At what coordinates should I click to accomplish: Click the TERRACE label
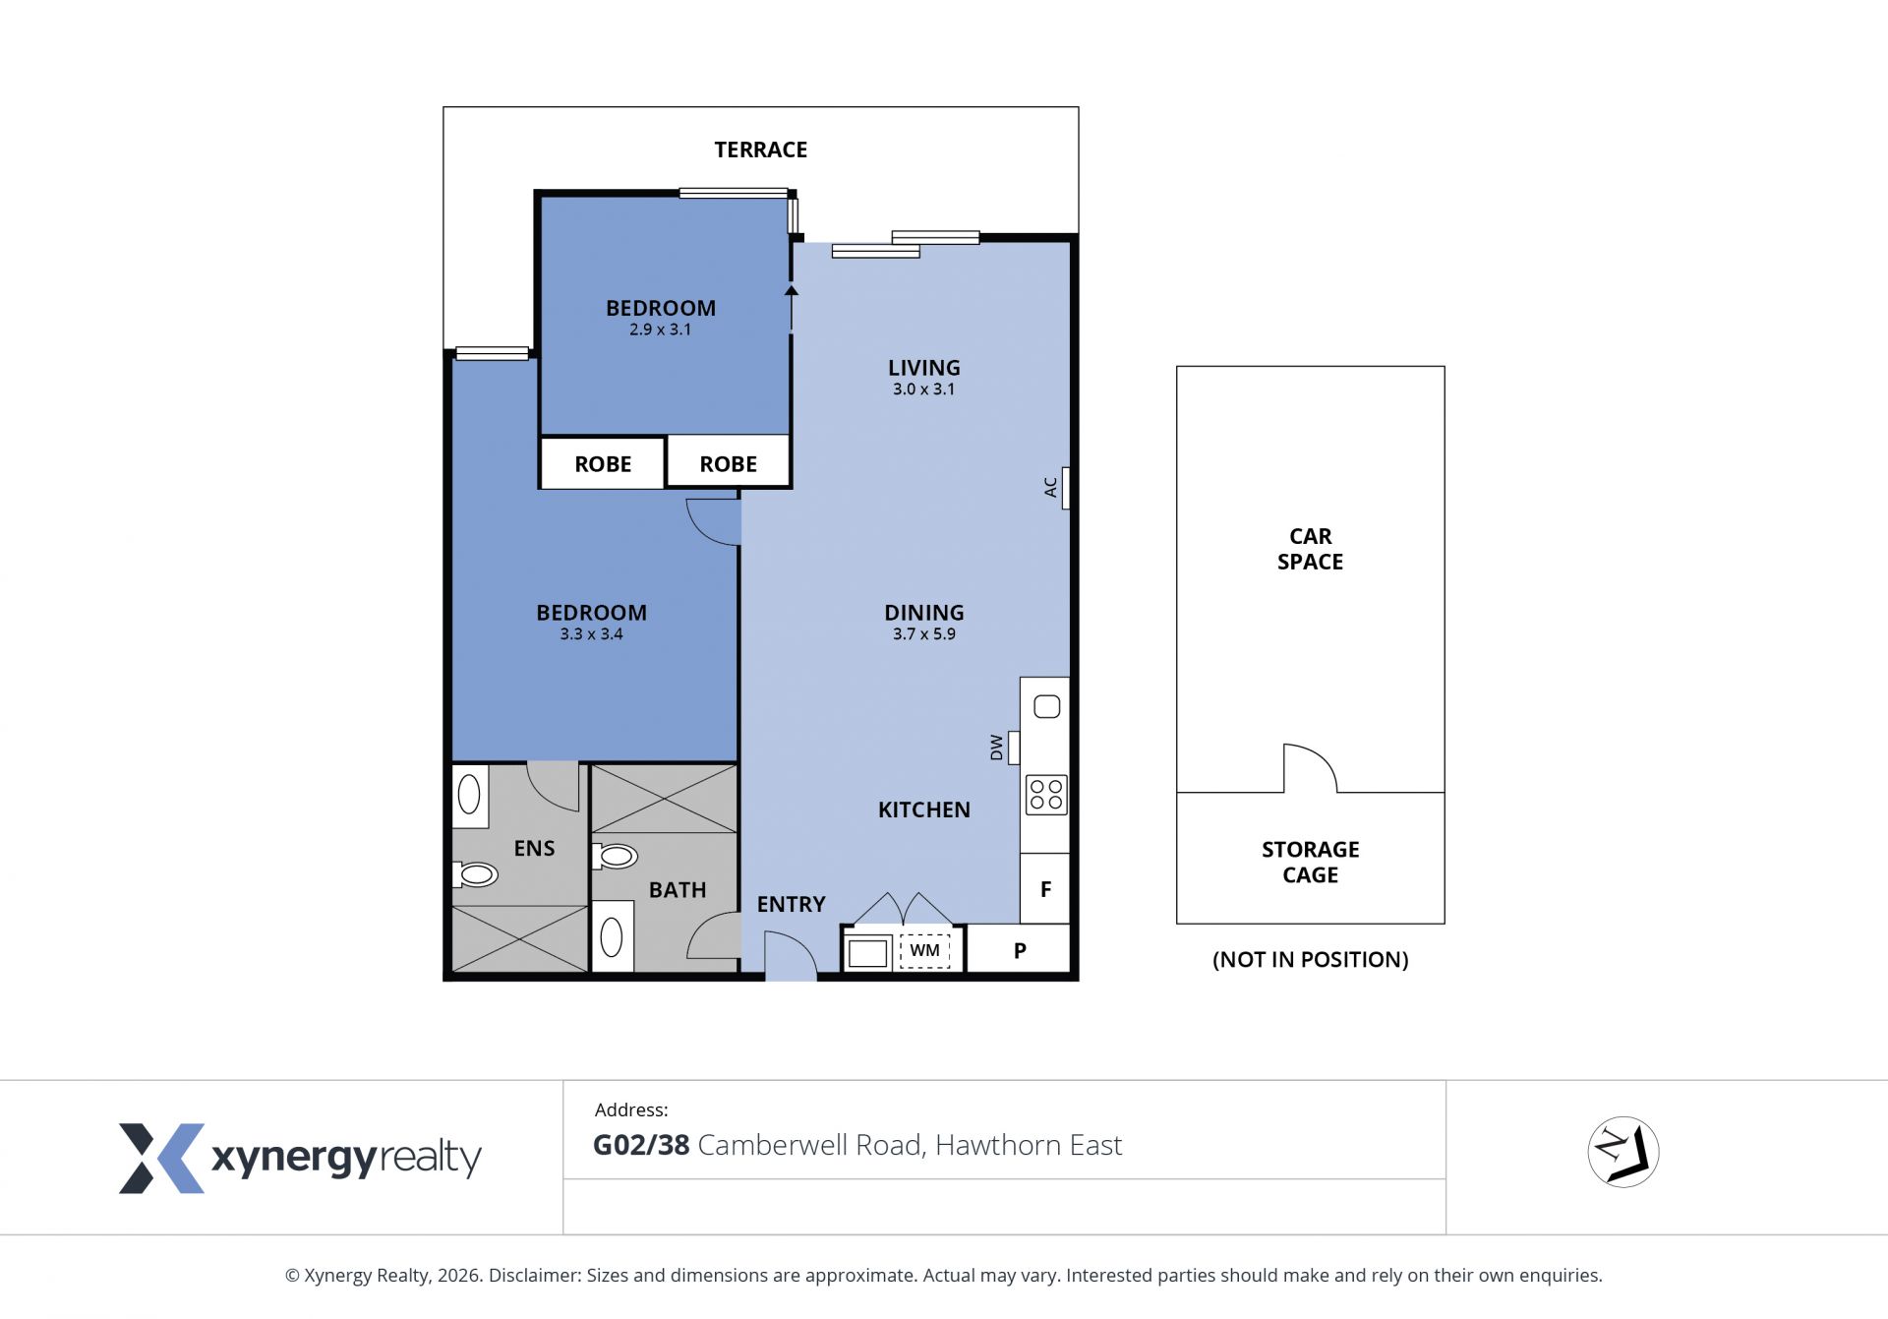(x=760, y=150)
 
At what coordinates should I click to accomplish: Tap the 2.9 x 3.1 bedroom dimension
(x=660, y=330)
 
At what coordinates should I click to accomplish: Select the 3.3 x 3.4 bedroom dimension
(x=591, y=634)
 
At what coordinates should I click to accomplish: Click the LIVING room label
(x=923, y=368)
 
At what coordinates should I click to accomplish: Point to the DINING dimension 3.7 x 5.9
(x=923, y=634)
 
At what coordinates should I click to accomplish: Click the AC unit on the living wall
(x=1065, y=488)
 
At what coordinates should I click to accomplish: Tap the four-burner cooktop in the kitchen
(x=1045, y=795)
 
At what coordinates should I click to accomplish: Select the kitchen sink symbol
(x=1046, y=706)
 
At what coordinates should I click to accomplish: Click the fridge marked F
(x=1044, y=889)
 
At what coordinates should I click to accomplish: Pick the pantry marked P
(x=1019, y=951)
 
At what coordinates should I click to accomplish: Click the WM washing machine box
(x=924, y=950)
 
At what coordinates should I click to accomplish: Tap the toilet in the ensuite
(x=476, y=873)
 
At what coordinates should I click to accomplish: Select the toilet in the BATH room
(x=616, y=856)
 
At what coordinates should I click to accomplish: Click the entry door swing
(x=791, y=955)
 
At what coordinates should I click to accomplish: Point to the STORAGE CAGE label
(x=1310, y=862)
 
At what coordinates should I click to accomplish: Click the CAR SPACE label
(x=1310, y=549)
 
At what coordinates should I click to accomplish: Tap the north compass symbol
(x=1622, y=1152)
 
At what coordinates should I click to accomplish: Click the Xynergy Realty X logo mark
(x=161, y=1159)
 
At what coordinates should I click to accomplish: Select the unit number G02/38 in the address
(x=641, y=1146)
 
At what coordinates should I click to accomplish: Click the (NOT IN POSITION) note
(x=1310, y=960)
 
